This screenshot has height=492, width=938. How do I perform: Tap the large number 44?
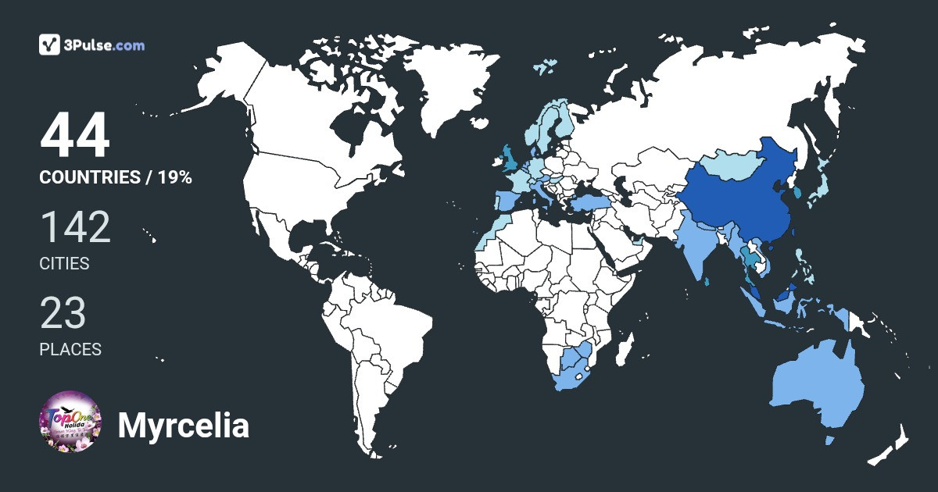point(75,136)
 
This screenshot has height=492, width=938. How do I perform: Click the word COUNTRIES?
point(89,177)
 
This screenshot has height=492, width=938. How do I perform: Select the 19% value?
point(174,177)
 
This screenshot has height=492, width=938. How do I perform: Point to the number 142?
point(75,227)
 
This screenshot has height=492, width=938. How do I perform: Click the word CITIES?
point(64,264)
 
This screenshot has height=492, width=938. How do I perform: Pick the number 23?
point(63,313)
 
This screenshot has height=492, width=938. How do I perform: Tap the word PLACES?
point(70,349)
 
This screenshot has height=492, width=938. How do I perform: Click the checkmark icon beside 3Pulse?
point(50,45)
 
